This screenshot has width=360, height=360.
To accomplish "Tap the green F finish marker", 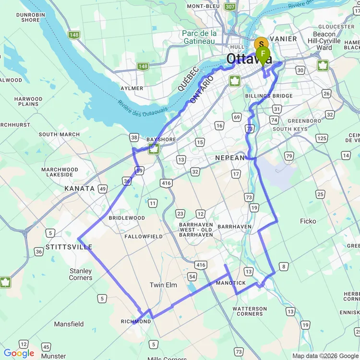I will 263,54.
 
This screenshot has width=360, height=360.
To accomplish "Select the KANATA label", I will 80,189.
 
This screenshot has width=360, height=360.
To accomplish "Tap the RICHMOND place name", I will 136,321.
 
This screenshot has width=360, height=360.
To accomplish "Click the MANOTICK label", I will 231,283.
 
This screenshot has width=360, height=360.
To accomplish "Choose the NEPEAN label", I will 229,157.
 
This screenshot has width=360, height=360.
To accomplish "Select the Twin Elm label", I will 163,285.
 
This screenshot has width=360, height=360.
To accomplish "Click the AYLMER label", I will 132,88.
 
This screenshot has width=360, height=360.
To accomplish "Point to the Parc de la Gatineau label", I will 199,37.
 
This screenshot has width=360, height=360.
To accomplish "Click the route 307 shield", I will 230,7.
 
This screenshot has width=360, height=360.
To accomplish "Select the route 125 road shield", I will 321,138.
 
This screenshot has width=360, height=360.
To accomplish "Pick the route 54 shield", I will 192,276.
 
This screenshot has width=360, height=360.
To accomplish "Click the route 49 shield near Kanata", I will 103,189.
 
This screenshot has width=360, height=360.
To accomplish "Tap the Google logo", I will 19,353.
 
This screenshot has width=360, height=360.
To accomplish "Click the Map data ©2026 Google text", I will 325,356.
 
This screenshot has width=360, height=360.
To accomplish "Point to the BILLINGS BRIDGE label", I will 269,96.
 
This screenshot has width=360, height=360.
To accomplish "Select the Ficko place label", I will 308,221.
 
